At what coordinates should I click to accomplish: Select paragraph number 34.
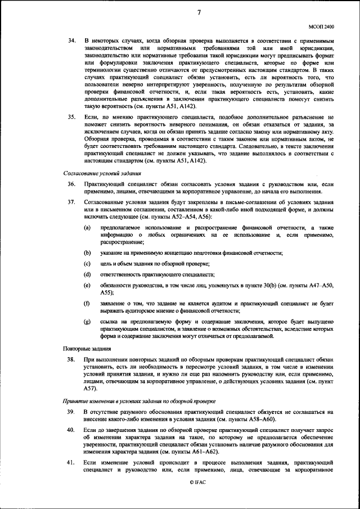tap(71, 42)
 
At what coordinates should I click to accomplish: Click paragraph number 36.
tap(71, 184)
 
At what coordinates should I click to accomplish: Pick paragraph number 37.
tap(71, 201)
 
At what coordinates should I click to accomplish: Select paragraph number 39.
tap(71, 412)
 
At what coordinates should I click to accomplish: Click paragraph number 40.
tap(71, 430)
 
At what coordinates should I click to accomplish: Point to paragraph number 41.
tap(71, 462)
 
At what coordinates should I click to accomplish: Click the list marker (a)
tap(88, 227)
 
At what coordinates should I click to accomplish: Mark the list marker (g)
tap(88, 321)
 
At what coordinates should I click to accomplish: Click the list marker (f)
tap(88, 304)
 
